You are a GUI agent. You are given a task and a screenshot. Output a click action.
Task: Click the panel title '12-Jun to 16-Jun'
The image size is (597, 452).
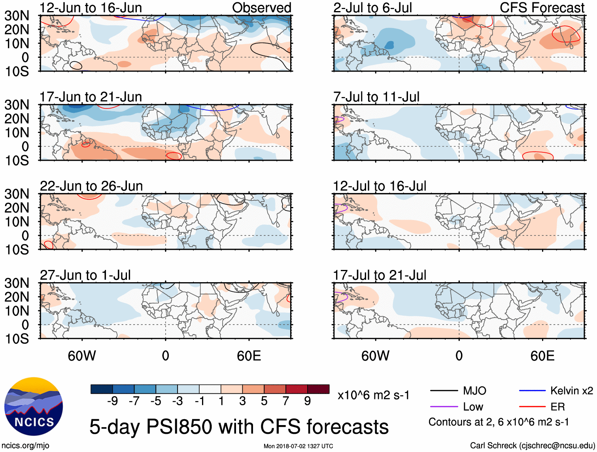point(91,8)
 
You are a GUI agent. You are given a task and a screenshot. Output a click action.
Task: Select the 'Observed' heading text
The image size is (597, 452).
point(261,8)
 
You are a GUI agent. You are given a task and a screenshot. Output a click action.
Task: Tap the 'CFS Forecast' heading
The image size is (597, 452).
point(542,8)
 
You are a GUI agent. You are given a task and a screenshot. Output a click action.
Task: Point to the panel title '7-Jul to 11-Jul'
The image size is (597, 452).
point(376,97)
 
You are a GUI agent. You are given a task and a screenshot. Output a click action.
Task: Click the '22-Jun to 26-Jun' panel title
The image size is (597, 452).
point(91,186)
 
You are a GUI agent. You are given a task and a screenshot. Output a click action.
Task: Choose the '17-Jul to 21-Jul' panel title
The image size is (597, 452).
point(380,275)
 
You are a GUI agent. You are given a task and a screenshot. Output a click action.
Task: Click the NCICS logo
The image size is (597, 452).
point(33,406)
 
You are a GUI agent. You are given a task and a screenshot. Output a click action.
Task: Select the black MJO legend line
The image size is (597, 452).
point(444,391)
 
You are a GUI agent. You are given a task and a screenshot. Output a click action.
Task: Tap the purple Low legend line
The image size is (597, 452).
point(444,407)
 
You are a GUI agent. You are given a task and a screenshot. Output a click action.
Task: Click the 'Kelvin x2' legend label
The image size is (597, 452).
point(571,391)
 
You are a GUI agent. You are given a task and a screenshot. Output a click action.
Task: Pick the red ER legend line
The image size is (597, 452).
point(532,407)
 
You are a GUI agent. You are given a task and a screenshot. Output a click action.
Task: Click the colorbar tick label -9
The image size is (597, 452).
point(112,401)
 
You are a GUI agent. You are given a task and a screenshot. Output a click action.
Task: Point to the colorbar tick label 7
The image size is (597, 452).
point(286,401)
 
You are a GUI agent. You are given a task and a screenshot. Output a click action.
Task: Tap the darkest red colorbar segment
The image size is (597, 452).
point(318,389)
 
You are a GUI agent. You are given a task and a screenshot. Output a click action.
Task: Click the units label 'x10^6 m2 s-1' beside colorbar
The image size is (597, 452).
point(373,395)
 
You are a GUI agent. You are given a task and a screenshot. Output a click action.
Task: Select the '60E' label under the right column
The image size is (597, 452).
point(542,356)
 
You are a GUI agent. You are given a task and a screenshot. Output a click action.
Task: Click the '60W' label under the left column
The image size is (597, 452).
point(82,356)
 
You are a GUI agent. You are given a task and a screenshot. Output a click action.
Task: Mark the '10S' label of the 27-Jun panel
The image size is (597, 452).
point(17,339)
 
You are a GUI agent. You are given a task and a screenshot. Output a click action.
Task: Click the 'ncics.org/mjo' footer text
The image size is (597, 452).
point(25,446)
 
